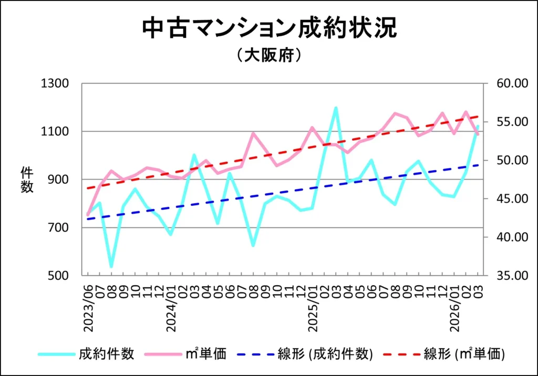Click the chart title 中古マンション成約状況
[x=269, y=29]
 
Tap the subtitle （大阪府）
[x=268, y=55]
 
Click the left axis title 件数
[x=27, y=179]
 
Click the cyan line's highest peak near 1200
[x=335, y=108]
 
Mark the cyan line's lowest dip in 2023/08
[x=111, y=266]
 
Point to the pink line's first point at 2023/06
[x=88, y=214]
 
